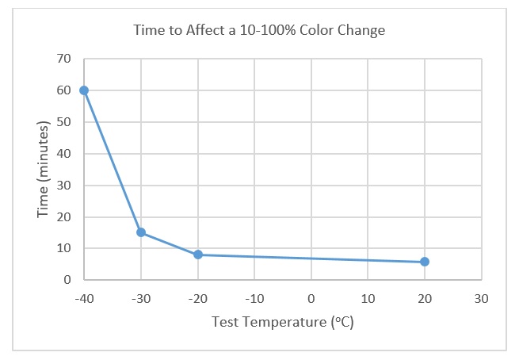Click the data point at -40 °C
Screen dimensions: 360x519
[84, 90]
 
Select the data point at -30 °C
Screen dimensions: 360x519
[141, 232]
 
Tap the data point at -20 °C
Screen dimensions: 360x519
[198, 255]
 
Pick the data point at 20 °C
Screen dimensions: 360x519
[425, 262]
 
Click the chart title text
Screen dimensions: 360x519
[259, 32]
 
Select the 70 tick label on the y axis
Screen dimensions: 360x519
[63, 59]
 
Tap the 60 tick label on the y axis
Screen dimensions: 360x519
[63, 90]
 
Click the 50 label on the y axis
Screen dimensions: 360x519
[63, 122]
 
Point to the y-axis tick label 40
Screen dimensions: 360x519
[63, 154]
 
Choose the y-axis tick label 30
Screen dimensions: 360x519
[63, 186]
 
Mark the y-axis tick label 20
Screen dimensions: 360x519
[63, 216]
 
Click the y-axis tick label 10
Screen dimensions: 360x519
[63, 248]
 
